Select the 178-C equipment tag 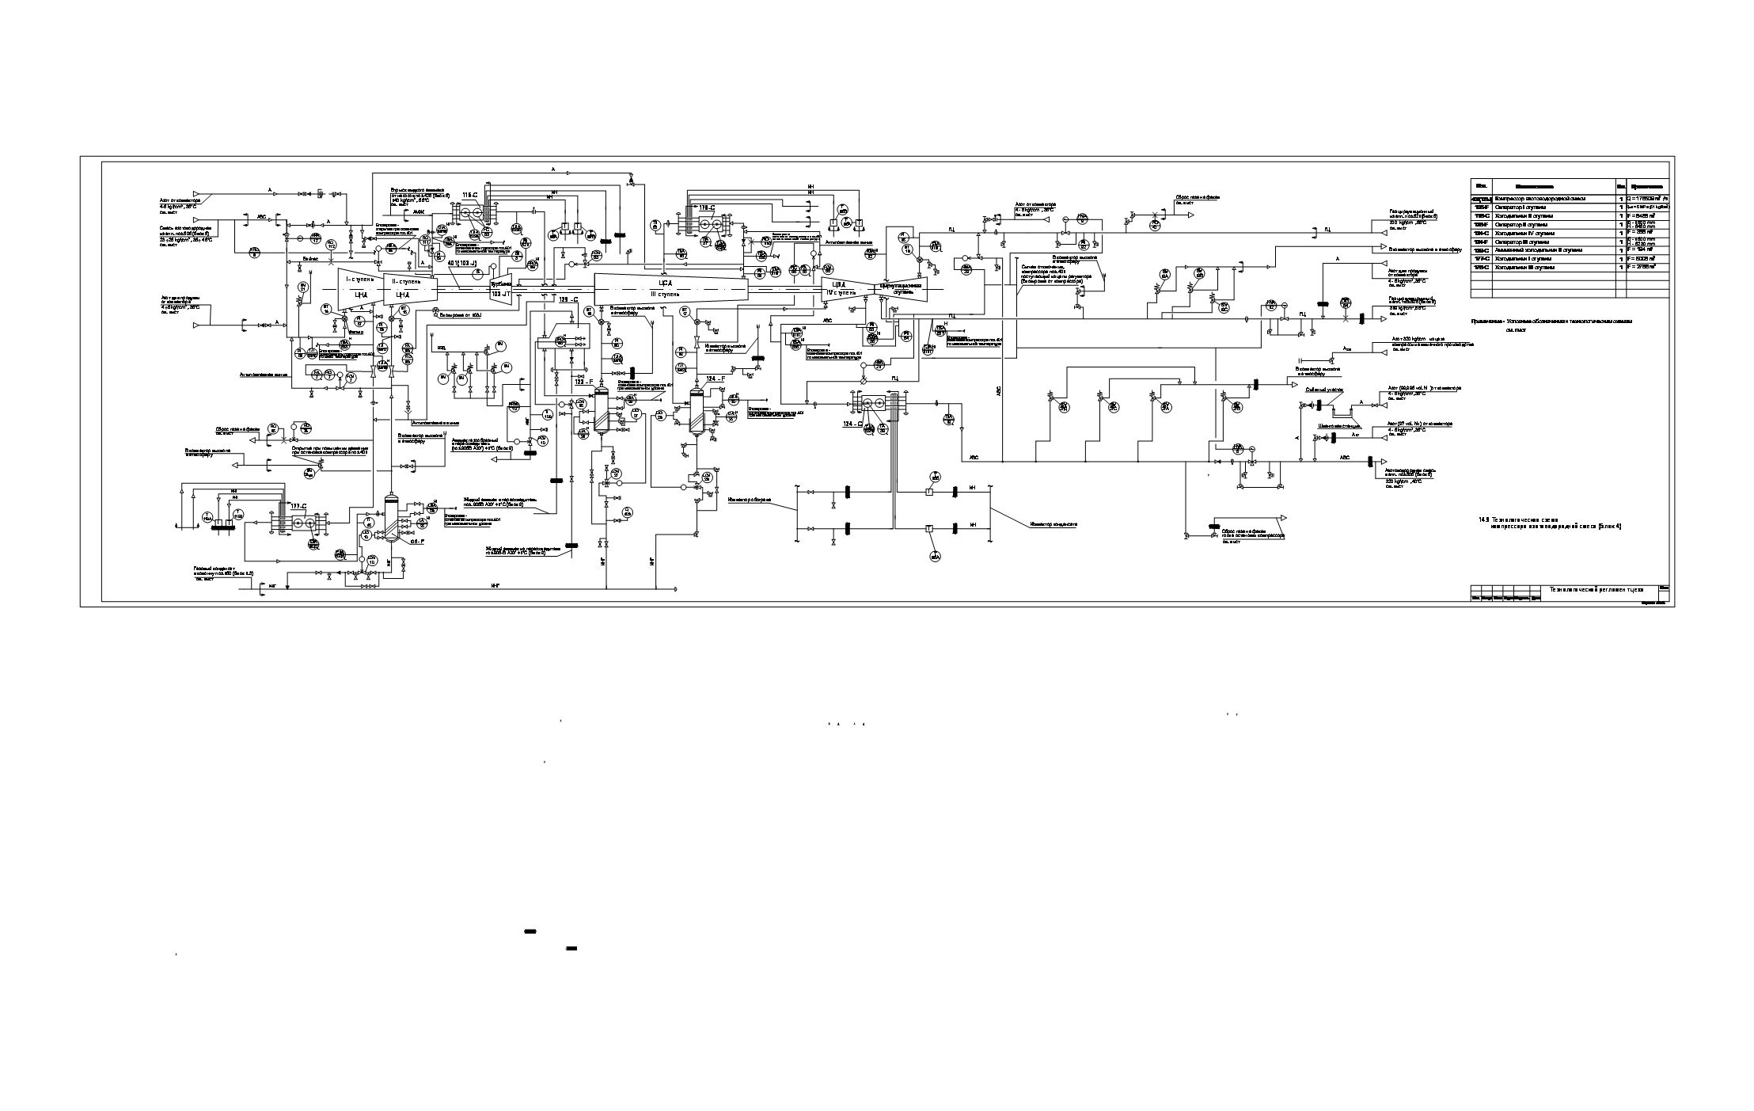pos(706,207)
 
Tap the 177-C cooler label pos(298,506)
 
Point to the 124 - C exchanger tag pos(852,423)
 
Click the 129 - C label pos(568,300)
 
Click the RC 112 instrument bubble pos(332,244)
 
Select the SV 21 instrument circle pos(302,287)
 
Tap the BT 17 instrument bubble pos(685,310)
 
